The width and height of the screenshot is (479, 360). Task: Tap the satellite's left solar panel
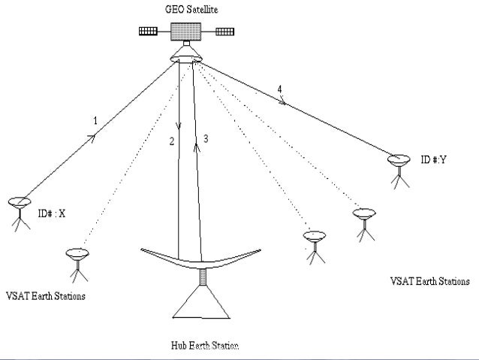tap(149, 32)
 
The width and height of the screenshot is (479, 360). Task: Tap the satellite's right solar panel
tap(225, 32)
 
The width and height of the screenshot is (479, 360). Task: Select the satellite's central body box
tap(186, 32)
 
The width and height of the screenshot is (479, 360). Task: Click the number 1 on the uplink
tap(95, 120)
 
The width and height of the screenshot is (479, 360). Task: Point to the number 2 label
tap(171, 141)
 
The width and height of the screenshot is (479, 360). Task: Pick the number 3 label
tap(205, 138)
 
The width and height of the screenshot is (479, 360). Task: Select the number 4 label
tap(279, 89)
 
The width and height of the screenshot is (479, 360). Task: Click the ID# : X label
tap(53, 214)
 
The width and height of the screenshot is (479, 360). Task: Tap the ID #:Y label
tap(435, 160)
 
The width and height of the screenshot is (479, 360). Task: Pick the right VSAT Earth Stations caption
tap(430, 282)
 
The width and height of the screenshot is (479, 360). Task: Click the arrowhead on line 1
tap(93, 138)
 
